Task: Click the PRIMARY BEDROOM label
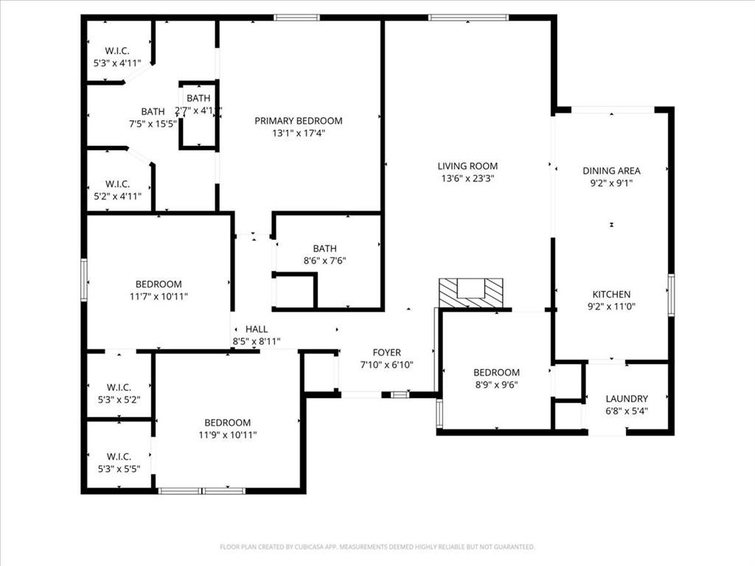pyautogui.click(x=298, y=121)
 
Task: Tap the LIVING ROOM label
pyautogui.click(x=467, y=167)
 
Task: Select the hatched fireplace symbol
pyautogui.click(x=470, y=293)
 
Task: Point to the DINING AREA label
pyautogui.click(x=611, y=171)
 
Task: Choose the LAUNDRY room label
pyautogui.click(x=627, y=399)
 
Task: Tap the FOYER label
pyautogui.click(x=386, y=353)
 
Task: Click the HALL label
pyautogui.click(x=257, y=329)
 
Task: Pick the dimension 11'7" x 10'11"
pyautogui.click(x=159, y=296)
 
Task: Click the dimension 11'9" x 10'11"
pyautogui.click(x=227, y=435)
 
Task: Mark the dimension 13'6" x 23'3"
pyautogui.click(x=467, y=178)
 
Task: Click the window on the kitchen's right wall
pyautogui.click(x=670, y=295)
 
